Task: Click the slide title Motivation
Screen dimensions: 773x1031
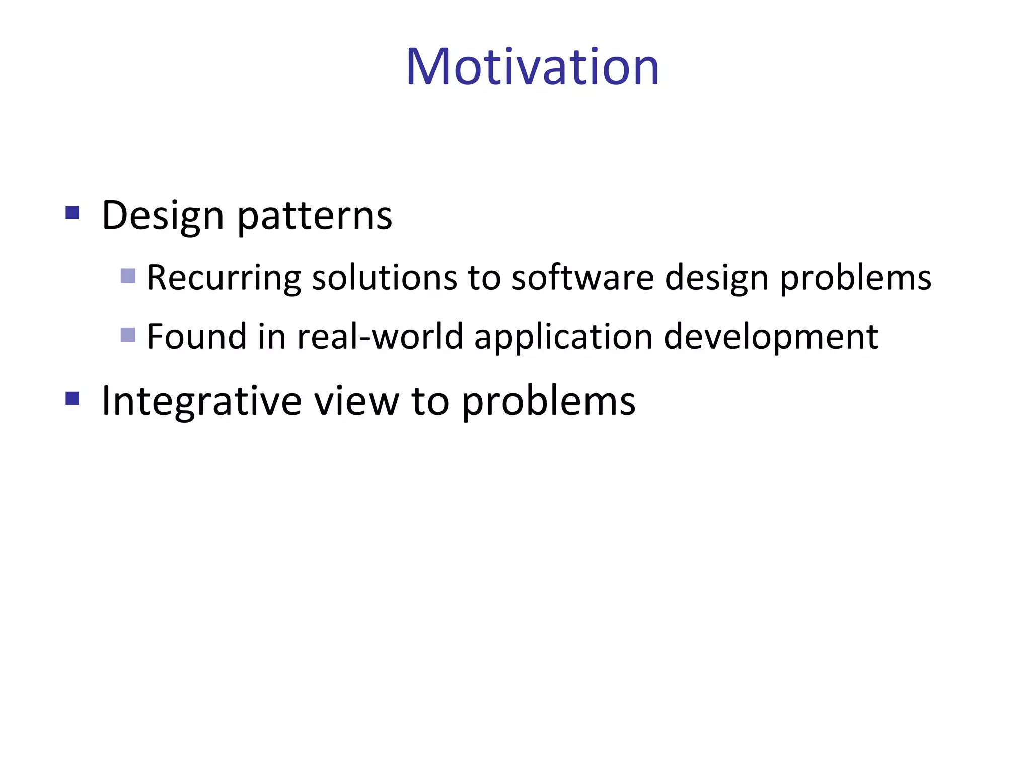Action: pos(532,67)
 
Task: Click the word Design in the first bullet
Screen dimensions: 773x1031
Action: pos(162,216)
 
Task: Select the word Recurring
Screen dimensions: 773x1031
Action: pos(224,278)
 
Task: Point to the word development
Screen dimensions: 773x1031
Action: pos(771,336)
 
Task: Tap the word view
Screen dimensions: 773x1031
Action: pos(356,401)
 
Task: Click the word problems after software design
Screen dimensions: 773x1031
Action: pos(855,278)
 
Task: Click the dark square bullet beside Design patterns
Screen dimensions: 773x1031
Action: pos(72,213)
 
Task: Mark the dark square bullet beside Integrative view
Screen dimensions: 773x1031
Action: pos(72,399)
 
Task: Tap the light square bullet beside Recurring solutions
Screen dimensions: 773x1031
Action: pos(128,276)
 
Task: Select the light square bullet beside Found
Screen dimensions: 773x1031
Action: pos(128,335)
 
